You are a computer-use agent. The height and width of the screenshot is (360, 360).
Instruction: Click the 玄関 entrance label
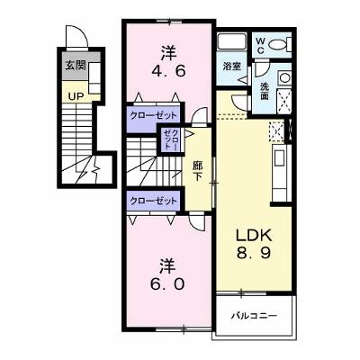pyautogui.click(x=76, y=66)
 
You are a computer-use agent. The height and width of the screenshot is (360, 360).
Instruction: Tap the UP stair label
pyautogui.click(x=76, y=96)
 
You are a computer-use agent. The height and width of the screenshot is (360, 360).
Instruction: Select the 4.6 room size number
pyautogui.click(x=168, y=71)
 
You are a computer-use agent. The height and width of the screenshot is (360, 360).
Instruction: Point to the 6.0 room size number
pyautogui.click(x=167, y=283)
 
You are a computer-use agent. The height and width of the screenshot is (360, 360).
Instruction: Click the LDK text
pyautogui.click(x=254, y=235)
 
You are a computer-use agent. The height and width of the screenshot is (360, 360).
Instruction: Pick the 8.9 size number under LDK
pyautogui.click(x=254, y=253)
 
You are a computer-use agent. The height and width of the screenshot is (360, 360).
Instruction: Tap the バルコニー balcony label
pyautogui.click(x=254, y=316)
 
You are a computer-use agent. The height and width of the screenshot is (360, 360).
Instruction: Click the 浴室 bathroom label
pyautogui.click(x=232, y=66)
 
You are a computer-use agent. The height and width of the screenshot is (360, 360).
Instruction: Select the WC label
pyautogui.click(x=260, y=46)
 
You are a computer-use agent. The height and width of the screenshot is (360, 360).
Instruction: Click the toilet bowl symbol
pyautogui.click(x=280, y=45)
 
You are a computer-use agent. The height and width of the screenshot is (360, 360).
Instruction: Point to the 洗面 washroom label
pyautogui.click(x=265, y=91)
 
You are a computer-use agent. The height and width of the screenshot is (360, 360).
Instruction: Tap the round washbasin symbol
pyautogui.click(x=284, y=77)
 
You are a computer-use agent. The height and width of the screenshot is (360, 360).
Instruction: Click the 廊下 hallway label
pyautogui.click(x=197, y=170)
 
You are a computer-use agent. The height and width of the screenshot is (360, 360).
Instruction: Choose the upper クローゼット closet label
pyautogui.click(x=153, y=115)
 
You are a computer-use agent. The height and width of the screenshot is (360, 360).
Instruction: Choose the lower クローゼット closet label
pyautogui.click(x=153, y=201)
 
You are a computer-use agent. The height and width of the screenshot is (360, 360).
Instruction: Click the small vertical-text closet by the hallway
pyautogui.click(x=171, y=140)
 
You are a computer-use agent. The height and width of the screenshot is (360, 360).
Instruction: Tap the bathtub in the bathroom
pyautogui.click(x=231, y=41)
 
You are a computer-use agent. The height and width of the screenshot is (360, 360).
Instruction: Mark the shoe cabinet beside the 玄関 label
pyautogui.click(x=94, y=77)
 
